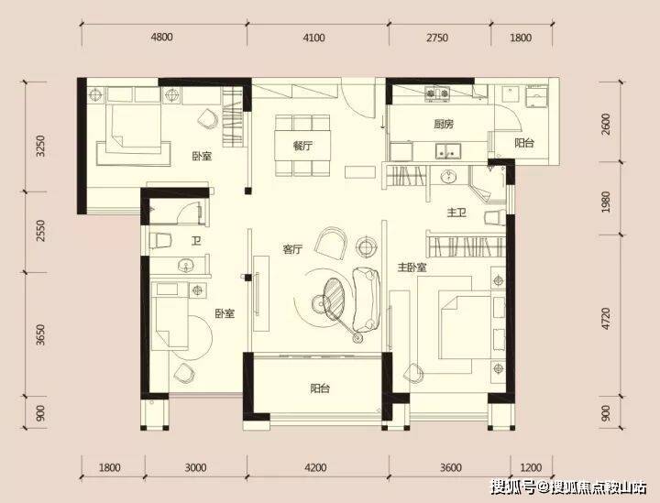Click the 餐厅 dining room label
tap(302, 147)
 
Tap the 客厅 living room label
tap(292, 249)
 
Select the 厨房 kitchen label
tap(444, 124)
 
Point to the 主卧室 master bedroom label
tap(412, 268)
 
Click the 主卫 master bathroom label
tap(456, 213)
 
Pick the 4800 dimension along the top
tap(162, 38)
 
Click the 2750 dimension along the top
tap(437, 38)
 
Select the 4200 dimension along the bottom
tap(314, 467)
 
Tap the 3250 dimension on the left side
tap(40, 146)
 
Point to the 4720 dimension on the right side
tap(606, 318)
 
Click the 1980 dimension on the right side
tap(606, 202)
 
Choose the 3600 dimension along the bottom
tap(451, 467)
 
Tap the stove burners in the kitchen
tap(437, 93)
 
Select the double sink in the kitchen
tap(448, 151)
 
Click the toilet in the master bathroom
tap(495, 217)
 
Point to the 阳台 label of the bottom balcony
tap(320, 388)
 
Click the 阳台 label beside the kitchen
tap(524, 143)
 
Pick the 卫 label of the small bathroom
tap(196, 241)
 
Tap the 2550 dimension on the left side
tap(40, 231)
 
